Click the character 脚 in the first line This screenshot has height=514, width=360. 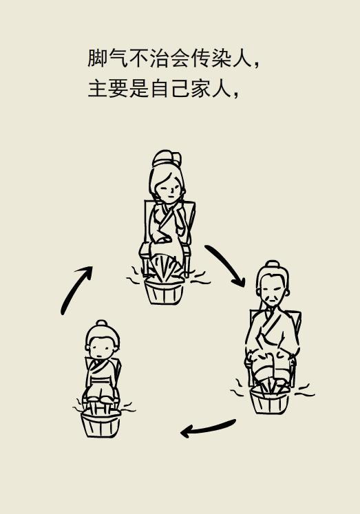[x=97, y=58]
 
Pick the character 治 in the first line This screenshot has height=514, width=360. [x=160, y=58]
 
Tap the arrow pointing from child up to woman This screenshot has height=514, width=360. [x=76, y=290]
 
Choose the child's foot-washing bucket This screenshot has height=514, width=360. [x=100, y=422]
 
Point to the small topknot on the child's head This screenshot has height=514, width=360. [x=102, y=323]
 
